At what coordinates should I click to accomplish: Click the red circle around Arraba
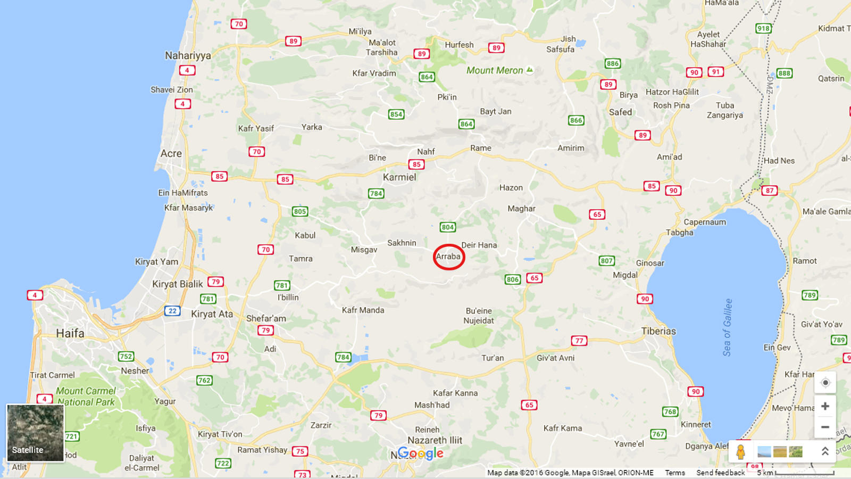click(449, 257)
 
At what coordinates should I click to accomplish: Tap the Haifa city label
click(70, 333)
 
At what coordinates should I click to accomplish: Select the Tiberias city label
click(658, 331)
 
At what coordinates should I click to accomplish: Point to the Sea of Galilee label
click(728, 327)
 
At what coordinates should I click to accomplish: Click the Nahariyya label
click(188, 55)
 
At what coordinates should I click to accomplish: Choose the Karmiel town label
click(399, 177)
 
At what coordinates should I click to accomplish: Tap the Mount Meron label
click(495, 70)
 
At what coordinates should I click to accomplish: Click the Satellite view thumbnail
click(35, 432)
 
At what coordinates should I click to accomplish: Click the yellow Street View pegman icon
click(740, 452)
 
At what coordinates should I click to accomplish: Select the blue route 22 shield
click(172, 311)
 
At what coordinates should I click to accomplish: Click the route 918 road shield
click(763, 28)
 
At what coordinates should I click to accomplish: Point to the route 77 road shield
click(579, 341)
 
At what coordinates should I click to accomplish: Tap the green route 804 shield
click(448, 227)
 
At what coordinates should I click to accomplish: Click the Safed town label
click(620, 112)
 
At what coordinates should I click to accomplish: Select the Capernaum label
click(705, 222)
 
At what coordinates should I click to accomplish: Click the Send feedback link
click(721, 473)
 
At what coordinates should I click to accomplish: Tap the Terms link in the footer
click(675, 473)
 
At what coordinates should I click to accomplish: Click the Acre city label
click(171, 153)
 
